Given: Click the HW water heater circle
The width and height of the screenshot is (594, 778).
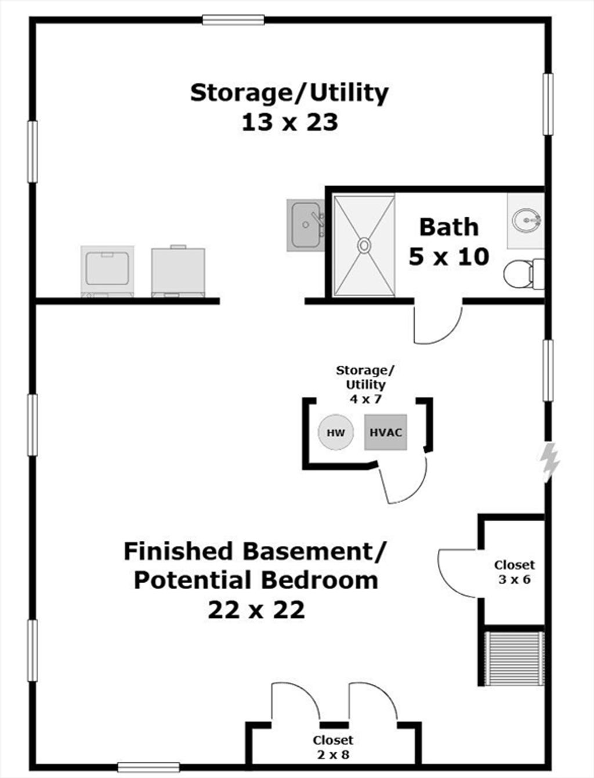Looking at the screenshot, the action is (x=336, y=432).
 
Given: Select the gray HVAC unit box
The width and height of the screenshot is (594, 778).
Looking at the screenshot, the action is (x=386, y=432).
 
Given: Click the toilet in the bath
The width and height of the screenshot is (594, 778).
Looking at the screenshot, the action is (x=524, y=273).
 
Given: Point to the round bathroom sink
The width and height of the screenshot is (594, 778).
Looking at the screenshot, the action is (x=526, y=220).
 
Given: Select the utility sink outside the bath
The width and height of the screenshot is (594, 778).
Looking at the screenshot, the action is (x=305, y=225).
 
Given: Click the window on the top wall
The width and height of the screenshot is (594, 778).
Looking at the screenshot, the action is (x=233, y=20).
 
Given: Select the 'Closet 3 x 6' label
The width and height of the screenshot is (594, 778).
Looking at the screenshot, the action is (x=514, y=572).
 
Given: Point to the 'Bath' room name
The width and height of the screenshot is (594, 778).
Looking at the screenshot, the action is (x=449, y=228).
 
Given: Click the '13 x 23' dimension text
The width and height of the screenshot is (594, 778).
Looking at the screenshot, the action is (x=289, y=123).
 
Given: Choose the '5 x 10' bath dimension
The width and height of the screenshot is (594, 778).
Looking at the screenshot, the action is (x=449, y=257).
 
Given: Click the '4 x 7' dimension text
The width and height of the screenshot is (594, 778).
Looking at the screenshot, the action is (x=365, y=399).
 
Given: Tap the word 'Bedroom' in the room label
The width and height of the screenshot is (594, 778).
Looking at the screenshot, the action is (x=320, y=580).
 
